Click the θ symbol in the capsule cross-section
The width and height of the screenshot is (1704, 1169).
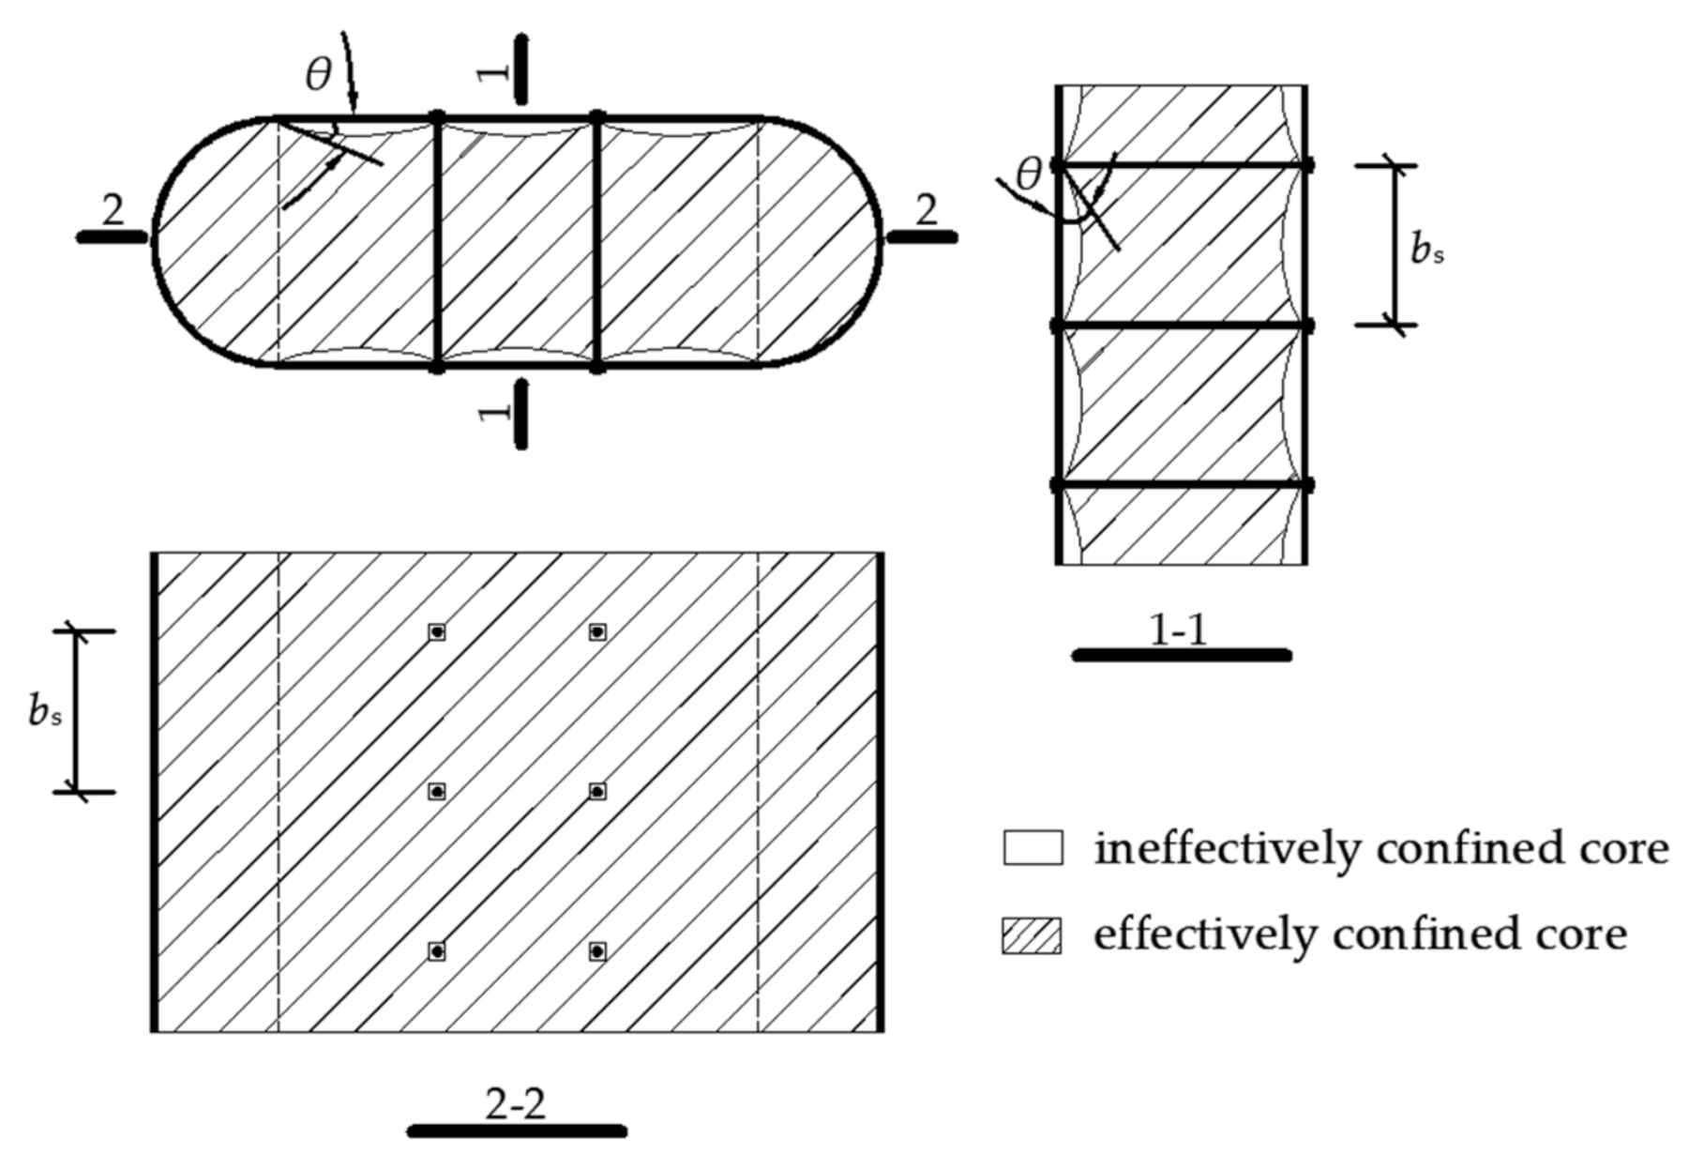pos(319,75)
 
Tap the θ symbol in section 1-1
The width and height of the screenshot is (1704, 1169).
pos(1029,174)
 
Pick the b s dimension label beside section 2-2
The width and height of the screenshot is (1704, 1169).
pos(45,712)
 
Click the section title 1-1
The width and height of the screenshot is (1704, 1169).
pos(1179,630)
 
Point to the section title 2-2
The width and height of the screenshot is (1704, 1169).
pos(516,1105)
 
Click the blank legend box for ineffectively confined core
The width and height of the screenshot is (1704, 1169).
pos(1033,847)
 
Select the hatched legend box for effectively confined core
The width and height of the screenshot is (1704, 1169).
pos(1033,935)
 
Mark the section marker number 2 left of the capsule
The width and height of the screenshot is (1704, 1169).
pos(113,210)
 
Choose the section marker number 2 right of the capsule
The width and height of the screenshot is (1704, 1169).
pos(926,210)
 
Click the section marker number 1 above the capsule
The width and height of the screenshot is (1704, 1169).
pos(495,71)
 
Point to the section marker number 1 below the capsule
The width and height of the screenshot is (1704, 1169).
pos(495,410)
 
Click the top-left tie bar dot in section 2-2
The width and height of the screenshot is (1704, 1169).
pos(437,632)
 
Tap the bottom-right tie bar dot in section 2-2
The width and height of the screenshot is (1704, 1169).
pos(597,951)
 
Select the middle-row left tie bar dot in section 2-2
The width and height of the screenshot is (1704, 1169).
pos(437,792)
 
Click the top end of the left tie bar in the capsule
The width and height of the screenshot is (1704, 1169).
pos(437,117)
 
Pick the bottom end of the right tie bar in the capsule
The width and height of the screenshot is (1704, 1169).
pos(597,367)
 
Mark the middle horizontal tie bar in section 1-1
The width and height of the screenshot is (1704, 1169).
pos(1182,326)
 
